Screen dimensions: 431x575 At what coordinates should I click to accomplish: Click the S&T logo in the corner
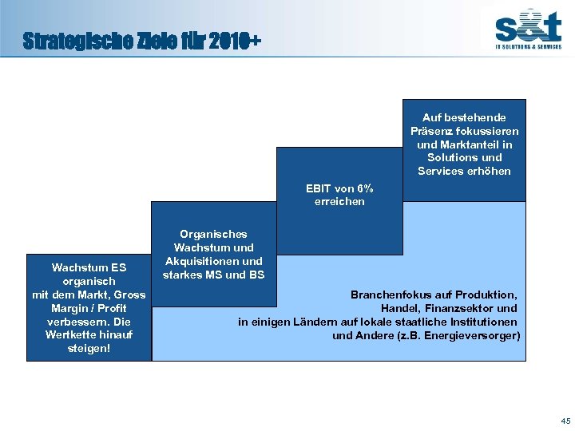(528, 25)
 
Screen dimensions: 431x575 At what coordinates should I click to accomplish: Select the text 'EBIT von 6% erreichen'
(339, 195)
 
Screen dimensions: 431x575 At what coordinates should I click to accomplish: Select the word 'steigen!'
(89, 348)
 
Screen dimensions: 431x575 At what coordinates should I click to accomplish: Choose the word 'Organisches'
(213, 235)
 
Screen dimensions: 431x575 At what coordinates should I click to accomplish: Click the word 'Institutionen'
(482, 322)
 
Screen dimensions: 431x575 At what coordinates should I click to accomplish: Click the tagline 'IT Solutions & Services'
(529, 47)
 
